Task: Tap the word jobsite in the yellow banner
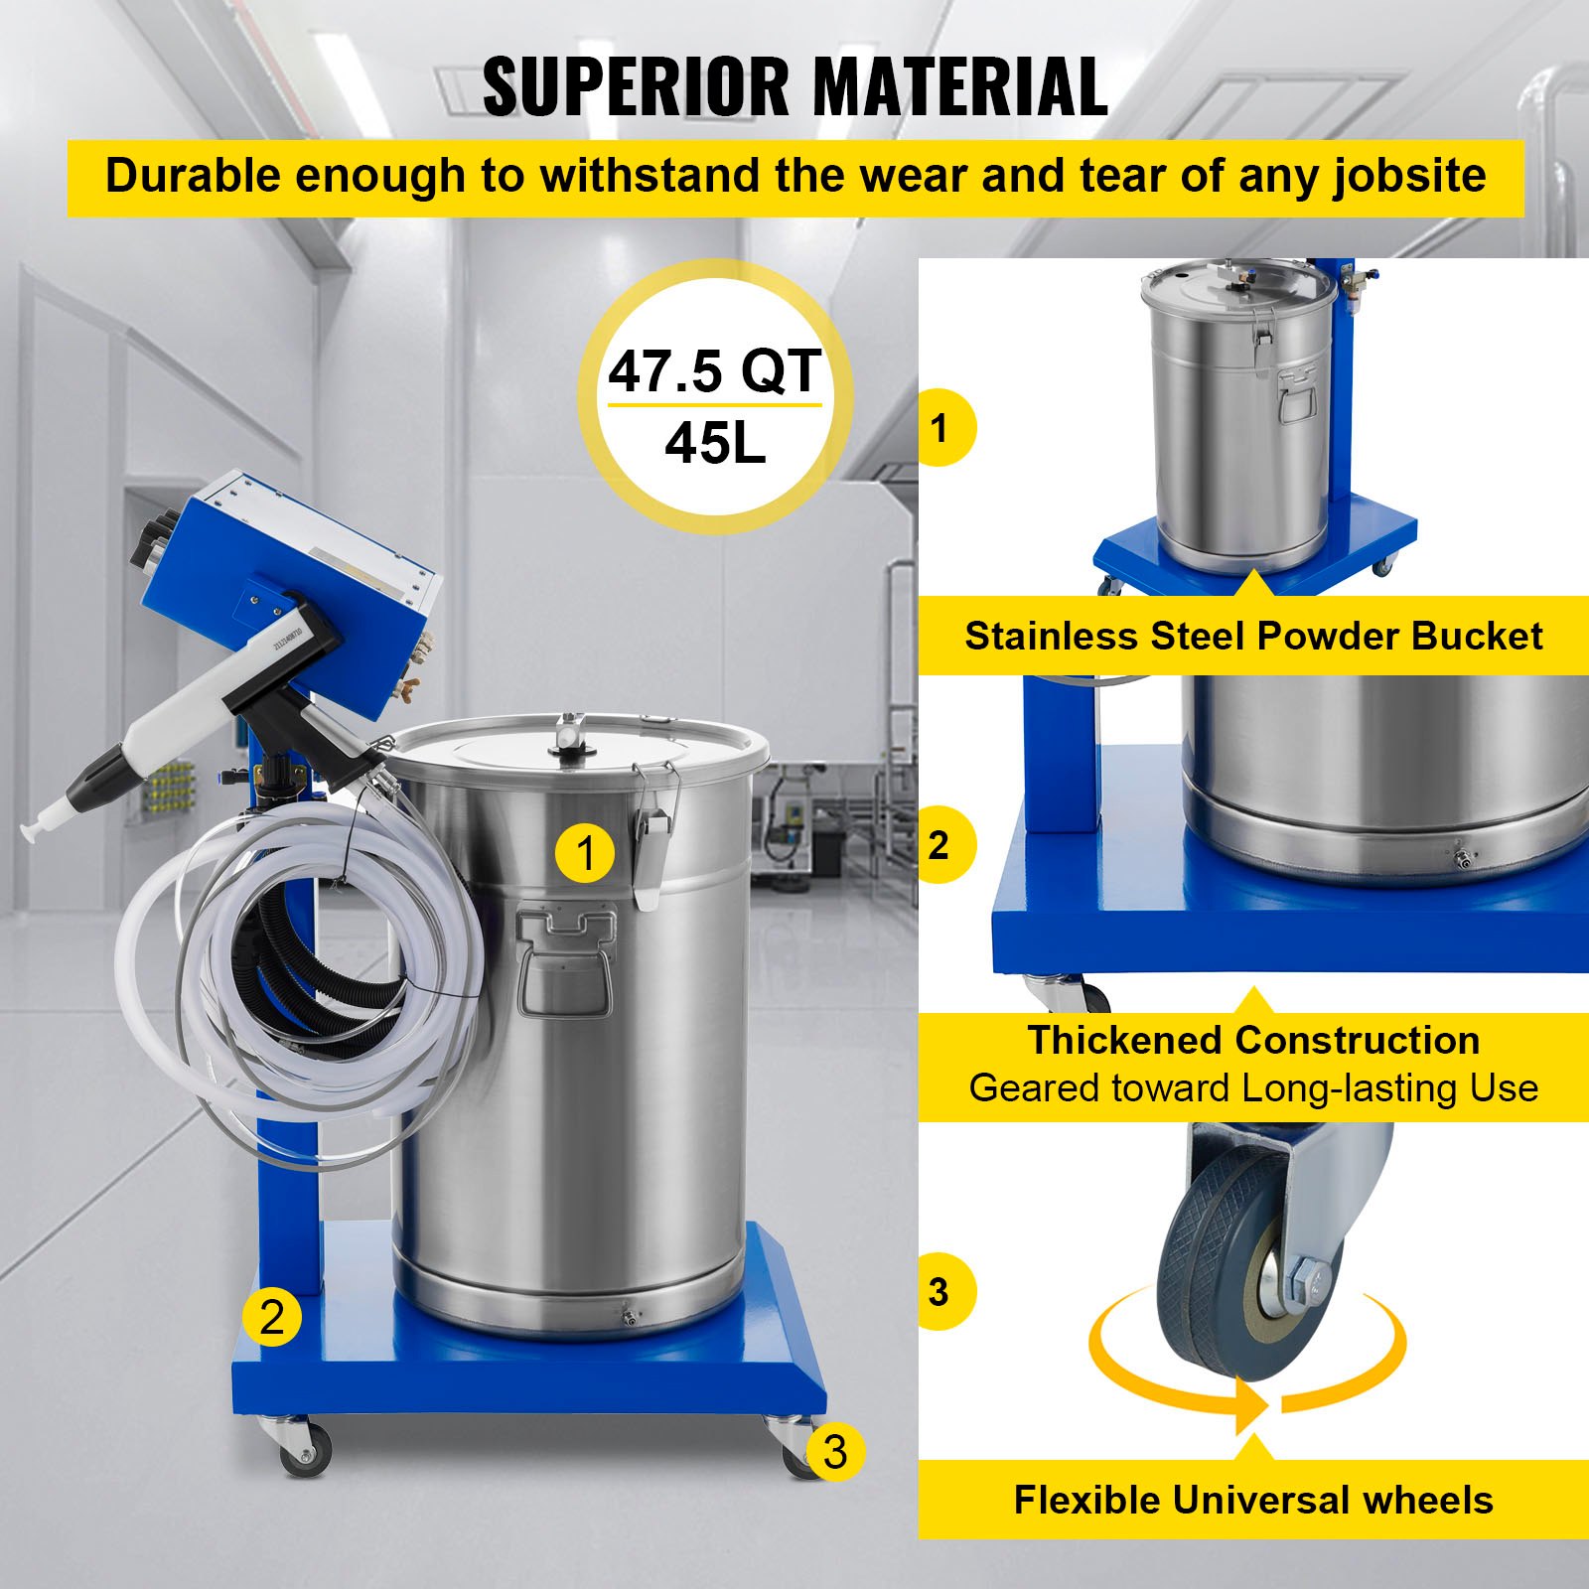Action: pos(1409,177)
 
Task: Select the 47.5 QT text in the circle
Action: pos(714,371)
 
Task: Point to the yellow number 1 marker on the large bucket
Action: pos(585,853)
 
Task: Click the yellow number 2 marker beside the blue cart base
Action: pos(271,1317)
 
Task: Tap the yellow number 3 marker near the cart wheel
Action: pos(834,1452)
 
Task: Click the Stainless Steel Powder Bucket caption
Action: pos(1253,636)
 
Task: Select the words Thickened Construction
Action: pos(1253,1041)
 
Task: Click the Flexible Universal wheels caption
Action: pos(1253,1500)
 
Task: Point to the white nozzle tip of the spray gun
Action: pos(40,823)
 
